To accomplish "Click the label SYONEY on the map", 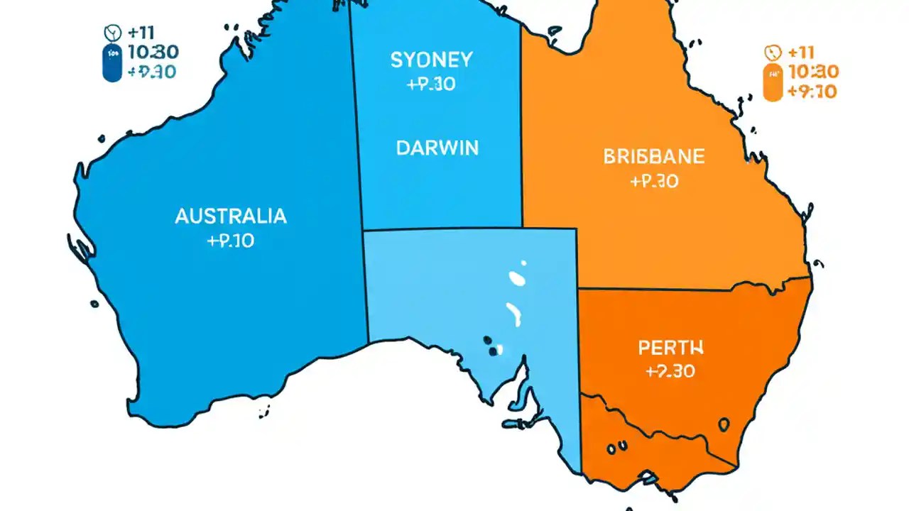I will (432, 60).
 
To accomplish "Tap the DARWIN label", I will (437, 148).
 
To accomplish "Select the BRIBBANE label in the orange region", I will (653, 156).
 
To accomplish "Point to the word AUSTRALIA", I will (231, 216).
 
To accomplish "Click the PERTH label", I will (670, 348).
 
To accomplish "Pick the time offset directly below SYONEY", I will (432, 84).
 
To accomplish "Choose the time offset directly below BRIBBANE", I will (653, 182).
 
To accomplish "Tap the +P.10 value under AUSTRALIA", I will (230, 241).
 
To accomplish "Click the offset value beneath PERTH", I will (670, 371).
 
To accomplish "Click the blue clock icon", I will (111, 32).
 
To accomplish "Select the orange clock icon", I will (772, 52).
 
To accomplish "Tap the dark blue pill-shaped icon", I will (112, 62).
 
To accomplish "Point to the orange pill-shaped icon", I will (772, 82).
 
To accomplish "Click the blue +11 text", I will (142, 32).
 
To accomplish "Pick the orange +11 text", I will (802, 52).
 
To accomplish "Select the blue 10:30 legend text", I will (152, 52).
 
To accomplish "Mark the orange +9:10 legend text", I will (811, 91).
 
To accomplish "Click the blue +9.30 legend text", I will (151, 72).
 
